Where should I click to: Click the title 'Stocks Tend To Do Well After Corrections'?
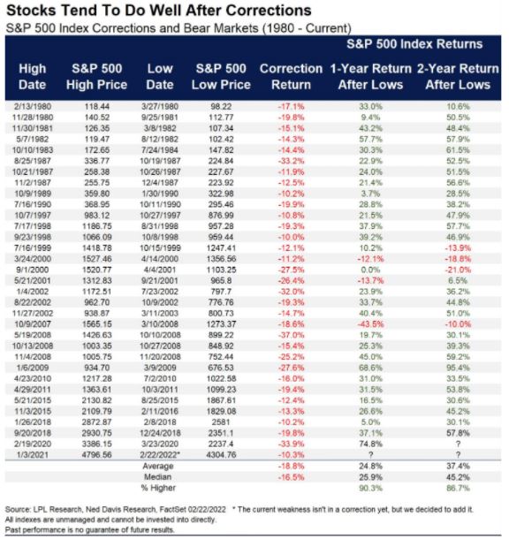click(159, 11)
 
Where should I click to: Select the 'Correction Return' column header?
click(291, 76)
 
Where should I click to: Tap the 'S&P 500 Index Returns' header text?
click(414, 44)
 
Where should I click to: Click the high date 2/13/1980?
click(33, 106)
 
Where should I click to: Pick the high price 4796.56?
click(96, 455)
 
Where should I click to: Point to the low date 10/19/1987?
click(160, 161)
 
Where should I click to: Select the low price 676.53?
click(221, 368)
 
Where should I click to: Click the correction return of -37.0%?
click(291, 335)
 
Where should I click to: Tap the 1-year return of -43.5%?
click(370, 324)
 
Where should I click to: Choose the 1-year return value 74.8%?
click(370, 444)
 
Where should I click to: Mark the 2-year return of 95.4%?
click(458, 368)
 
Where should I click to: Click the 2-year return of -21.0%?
click(458, 270)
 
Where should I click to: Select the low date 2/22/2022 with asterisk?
click(160, 455)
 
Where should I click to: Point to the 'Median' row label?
click(157, 477)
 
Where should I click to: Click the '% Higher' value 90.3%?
click(370, 488)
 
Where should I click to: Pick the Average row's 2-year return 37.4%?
click(458, 466)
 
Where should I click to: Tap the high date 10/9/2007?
click(33, 324)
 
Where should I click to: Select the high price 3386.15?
click(96, 444)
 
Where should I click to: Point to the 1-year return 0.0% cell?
click(370, 270)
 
